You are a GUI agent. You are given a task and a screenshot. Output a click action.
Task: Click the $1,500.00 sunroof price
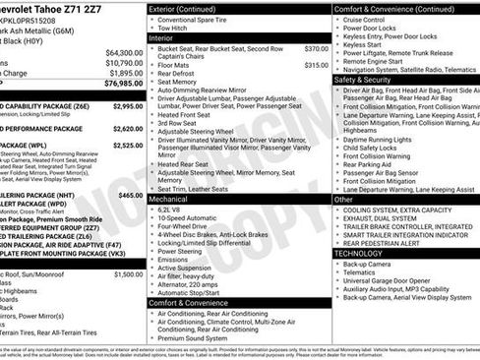click(x=128, y=274)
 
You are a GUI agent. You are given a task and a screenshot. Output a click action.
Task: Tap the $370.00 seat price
click(x=316, y=48)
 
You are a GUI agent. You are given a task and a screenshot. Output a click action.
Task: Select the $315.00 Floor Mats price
click(x=316, y=65)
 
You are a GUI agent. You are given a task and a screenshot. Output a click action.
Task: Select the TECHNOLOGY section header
click(x=364, y=253)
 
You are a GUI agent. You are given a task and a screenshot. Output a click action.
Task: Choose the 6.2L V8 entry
click(x=168, y=210)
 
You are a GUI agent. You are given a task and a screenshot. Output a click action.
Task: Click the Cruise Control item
click(x=364, y=19)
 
